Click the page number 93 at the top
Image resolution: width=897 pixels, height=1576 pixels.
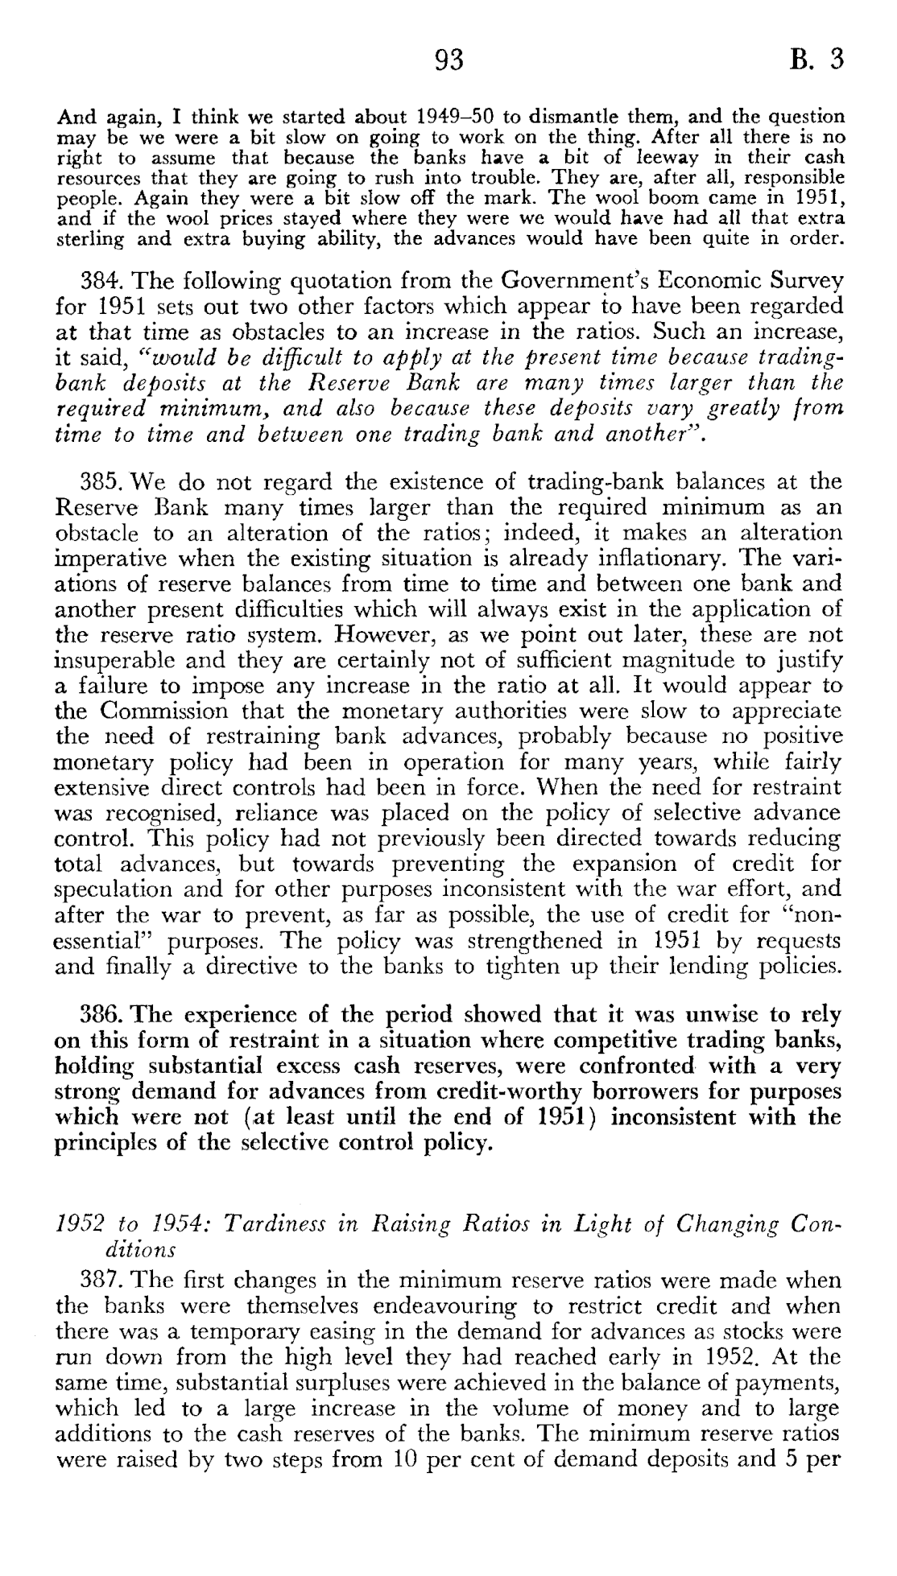click(449, 60)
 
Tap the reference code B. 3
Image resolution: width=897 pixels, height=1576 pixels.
click(816, 60)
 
